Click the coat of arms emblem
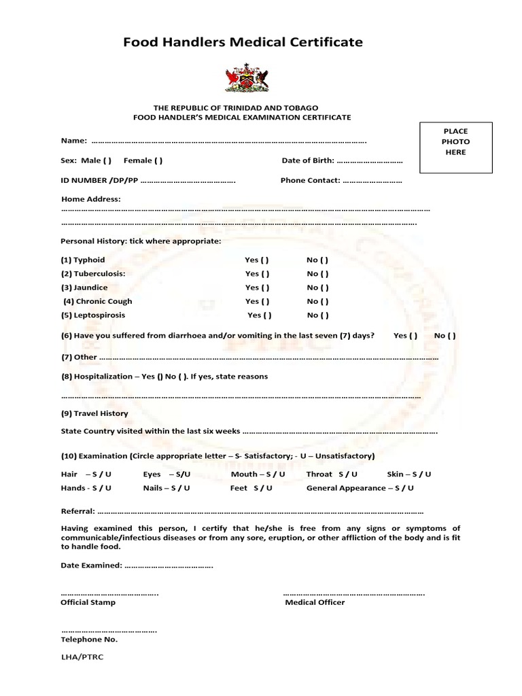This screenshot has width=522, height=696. click(246, 78)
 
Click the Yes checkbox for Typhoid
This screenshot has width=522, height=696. click(265, 260)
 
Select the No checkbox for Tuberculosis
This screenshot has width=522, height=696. click(324, 274)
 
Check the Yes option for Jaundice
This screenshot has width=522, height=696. click(265, 288)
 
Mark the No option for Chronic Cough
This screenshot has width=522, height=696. click(324, 301)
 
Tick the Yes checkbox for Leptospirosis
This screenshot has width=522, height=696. click(268, 315)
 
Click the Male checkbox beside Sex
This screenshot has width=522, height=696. click(107, 161)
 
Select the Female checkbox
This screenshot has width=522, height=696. click(158, 161)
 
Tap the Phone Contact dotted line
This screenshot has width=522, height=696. click(372, 181)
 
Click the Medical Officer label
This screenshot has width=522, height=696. click(315, 602)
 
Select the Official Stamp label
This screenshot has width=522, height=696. click(88, 602)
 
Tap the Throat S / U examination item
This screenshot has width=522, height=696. click(331, 474)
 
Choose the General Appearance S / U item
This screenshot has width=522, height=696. click(360, 488)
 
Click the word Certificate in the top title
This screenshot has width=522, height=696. click(324, 42)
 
